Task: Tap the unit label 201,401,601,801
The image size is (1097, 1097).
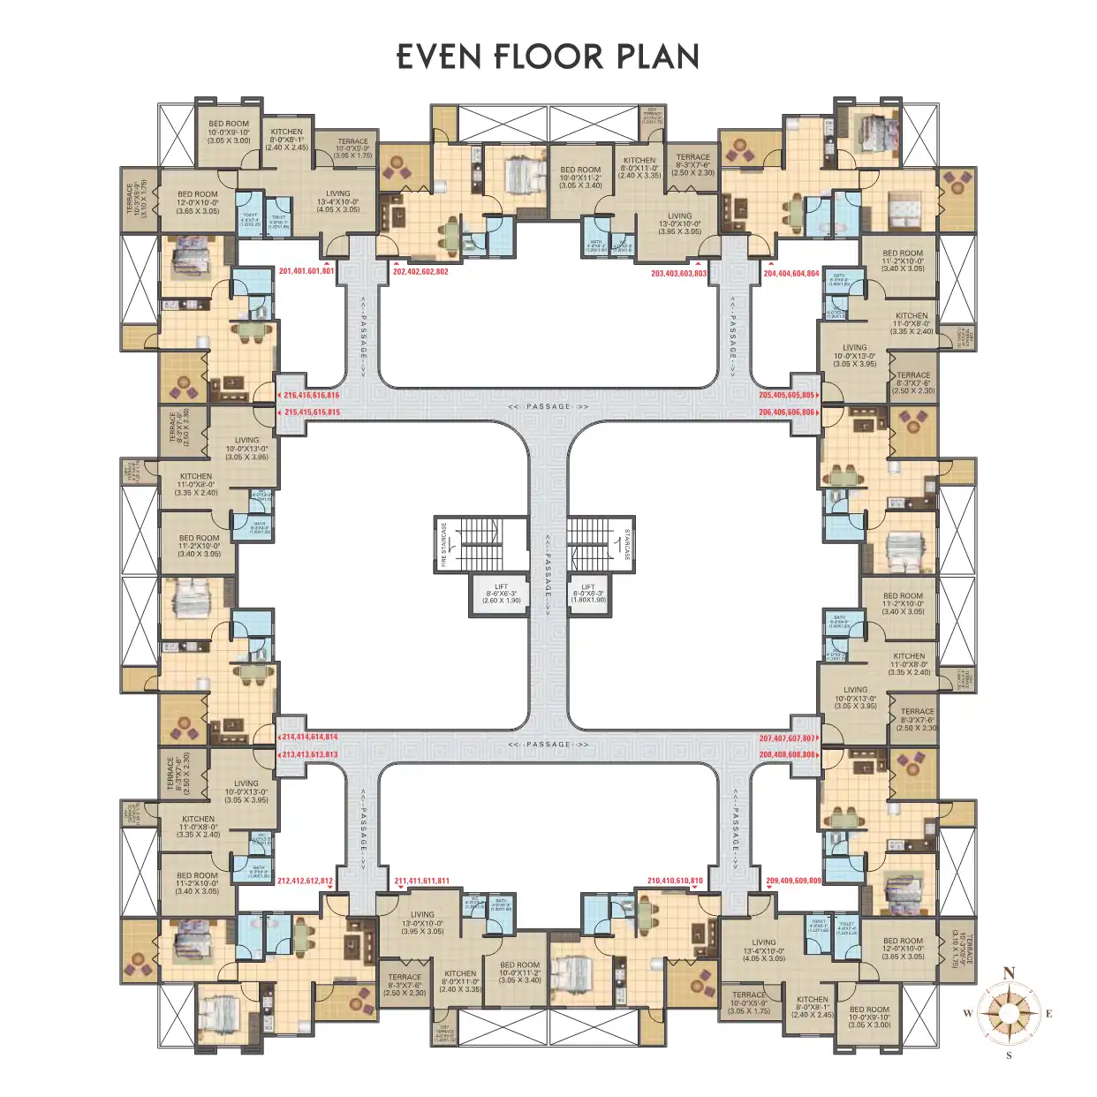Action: (x=306, y=271)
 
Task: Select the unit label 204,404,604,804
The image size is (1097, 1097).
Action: (x=791, y=274)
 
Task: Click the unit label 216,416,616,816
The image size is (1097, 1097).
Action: (x=312, y=396)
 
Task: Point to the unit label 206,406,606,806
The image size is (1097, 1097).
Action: (x=786, y=412)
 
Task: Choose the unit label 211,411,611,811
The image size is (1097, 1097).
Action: (x=421, y=881)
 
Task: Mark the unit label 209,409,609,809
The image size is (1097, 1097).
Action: (x=793, y=881)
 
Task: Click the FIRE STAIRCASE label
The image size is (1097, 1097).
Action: (x=444, y=544)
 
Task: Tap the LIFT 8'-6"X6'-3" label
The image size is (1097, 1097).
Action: (x=502, y=594)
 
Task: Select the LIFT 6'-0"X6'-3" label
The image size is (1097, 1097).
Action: (x=588, y=594)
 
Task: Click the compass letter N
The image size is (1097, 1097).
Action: (x=1009, y=972)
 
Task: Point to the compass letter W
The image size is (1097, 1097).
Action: (x=967, y=1013)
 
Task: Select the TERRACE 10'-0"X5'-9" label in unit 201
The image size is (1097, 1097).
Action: (x=352, y=148)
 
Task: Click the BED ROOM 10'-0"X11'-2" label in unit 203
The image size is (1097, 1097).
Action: (x=580, y=177)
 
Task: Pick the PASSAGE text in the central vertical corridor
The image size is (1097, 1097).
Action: (x=548, y=565)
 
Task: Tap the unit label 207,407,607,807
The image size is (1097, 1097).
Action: (x=786, y=738)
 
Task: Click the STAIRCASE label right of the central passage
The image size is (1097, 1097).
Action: (x=627, y=544)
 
